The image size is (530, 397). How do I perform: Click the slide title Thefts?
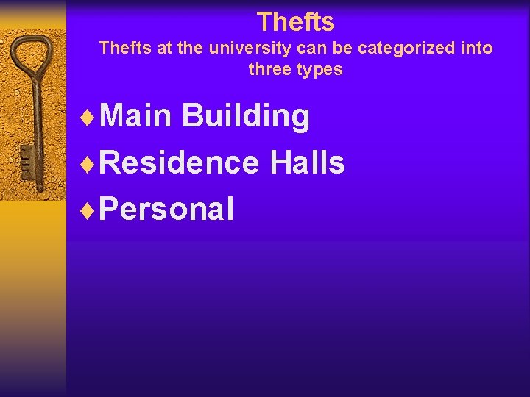[x=295, y=21]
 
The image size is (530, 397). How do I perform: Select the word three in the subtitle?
[x=268, y=70]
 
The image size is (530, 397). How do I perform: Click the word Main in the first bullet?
[x=135, y=116]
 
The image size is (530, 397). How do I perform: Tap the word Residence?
[x=179, y=162]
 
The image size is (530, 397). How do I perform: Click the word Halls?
[x=307, y=162]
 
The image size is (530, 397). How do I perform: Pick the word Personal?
[x=166, y=209]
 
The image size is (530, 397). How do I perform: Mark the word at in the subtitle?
[x=165, y=49]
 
